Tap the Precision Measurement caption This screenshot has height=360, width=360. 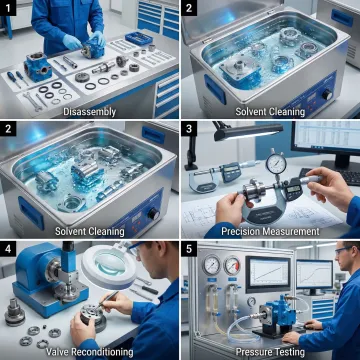pyautogui.click(x=270, y=231)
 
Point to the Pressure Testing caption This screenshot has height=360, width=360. pyautogui.click(x=270, y=350)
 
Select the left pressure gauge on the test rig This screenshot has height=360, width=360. pyautogui.click(x=212, y=266)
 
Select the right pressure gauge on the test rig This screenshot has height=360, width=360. pyautogui.click(x=232, y=266)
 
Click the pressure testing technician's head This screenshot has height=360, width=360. pyautogui.click(x=346, y=258)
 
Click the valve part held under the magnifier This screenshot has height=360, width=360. pyautogui.click(x=78, y=318)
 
